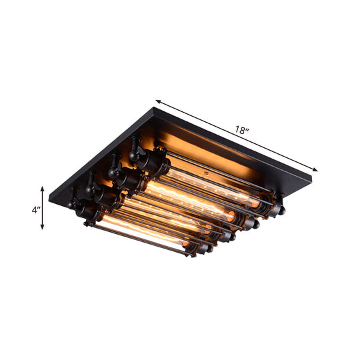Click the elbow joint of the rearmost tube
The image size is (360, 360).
(x=136, y=149)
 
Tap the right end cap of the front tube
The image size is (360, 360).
(x=200, y=251)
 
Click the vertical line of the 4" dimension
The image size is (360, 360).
(x=43, y=209)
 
